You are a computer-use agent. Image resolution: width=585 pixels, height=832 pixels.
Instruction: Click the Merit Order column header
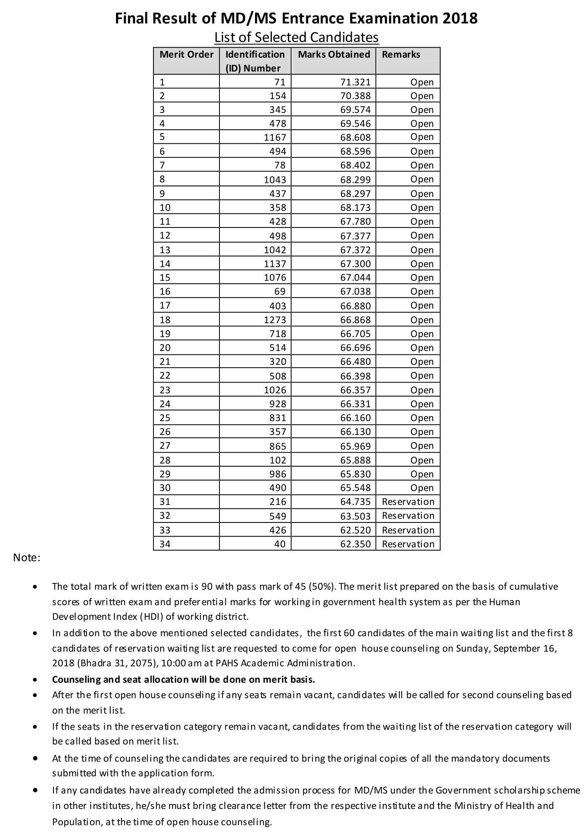coord(186,54)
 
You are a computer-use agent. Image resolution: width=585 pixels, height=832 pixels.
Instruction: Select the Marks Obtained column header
coord(334,54)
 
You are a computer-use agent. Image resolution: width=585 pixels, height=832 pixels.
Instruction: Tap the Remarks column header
coord(401,54)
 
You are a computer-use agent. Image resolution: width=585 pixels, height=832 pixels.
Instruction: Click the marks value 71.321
coord(355,82)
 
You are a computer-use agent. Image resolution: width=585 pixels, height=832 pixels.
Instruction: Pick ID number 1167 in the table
coord(275,137)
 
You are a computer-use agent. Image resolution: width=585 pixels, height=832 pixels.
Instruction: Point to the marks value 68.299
coord(355,179)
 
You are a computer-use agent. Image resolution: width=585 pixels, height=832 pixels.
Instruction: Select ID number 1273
coord(275,320)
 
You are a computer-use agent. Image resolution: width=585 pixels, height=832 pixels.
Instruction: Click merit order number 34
coord(165,544)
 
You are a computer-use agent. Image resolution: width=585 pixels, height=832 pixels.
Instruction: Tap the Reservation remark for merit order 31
coord(408,501)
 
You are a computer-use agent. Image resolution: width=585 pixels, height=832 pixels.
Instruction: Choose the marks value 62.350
coord(355,544)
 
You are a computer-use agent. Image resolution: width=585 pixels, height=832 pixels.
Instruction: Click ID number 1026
coord(275,390)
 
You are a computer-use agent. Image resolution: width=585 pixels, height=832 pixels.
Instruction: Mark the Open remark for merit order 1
coord(422,82)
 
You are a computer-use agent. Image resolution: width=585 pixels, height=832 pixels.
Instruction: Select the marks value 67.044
coord(355,277)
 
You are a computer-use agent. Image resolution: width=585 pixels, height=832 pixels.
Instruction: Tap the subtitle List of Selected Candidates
coord(296,37)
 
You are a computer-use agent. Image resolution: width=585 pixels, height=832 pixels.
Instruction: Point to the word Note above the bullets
coord(27,558)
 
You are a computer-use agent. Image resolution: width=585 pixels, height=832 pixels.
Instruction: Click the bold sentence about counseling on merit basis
coord(184,679)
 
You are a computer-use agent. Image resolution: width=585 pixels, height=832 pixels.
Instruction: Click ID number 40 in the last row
coord(280,544)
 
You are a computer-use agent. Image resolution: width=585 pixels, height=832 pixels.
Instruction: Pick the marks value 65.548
coord(355,488)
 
